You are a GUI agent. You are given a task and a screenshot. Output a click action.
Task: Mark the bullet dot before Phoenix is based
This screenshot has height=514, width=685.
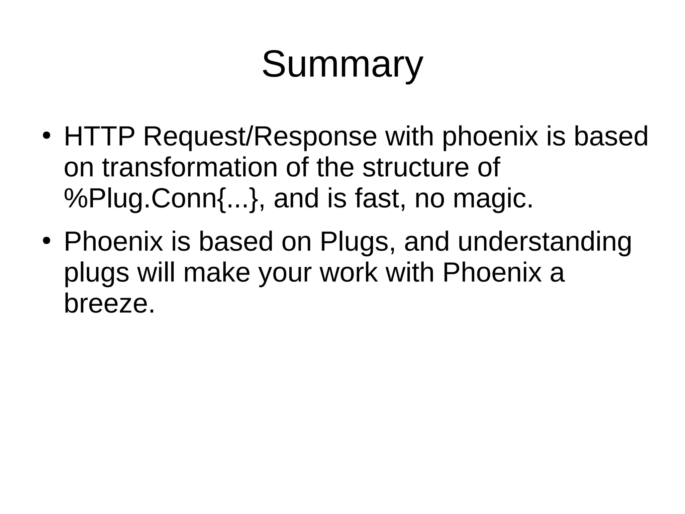(46, 241)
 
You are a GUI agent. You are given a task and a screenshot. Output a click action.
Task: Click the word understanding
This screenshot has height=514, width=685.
(545, 242)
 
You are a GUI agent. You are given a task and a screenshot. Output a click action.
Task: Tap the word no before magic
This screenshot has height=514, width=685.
(430, 199)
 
